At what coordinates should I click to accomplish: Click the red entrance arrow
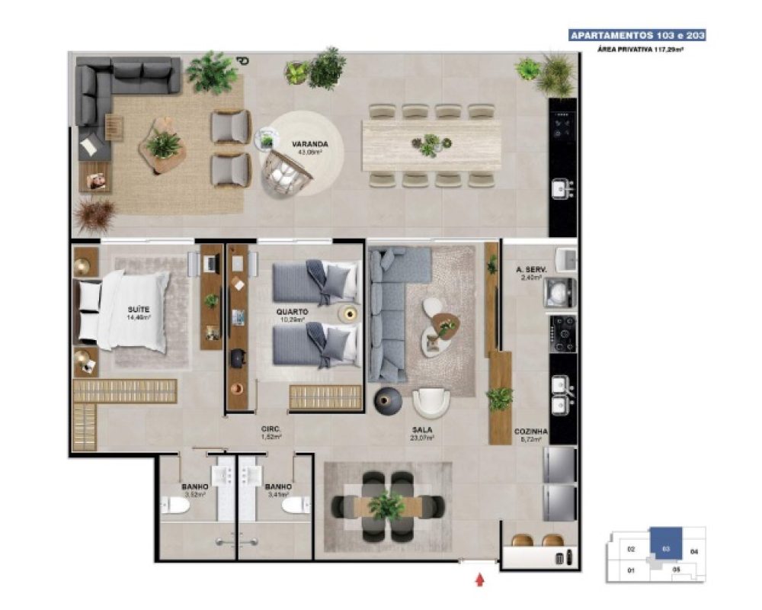pos(479,580)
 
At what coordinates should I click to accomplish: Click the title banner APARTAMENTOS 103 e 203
pos(637,35)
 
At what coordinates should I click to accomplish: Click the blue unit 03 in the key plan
pos(665,547)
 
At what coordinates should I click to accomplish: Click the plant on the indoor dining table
pos(387,506)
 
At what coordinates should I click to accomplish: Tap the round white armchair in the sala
pos(431,403)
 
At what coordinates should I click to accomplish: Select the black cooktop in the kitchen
pos(563,333)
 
